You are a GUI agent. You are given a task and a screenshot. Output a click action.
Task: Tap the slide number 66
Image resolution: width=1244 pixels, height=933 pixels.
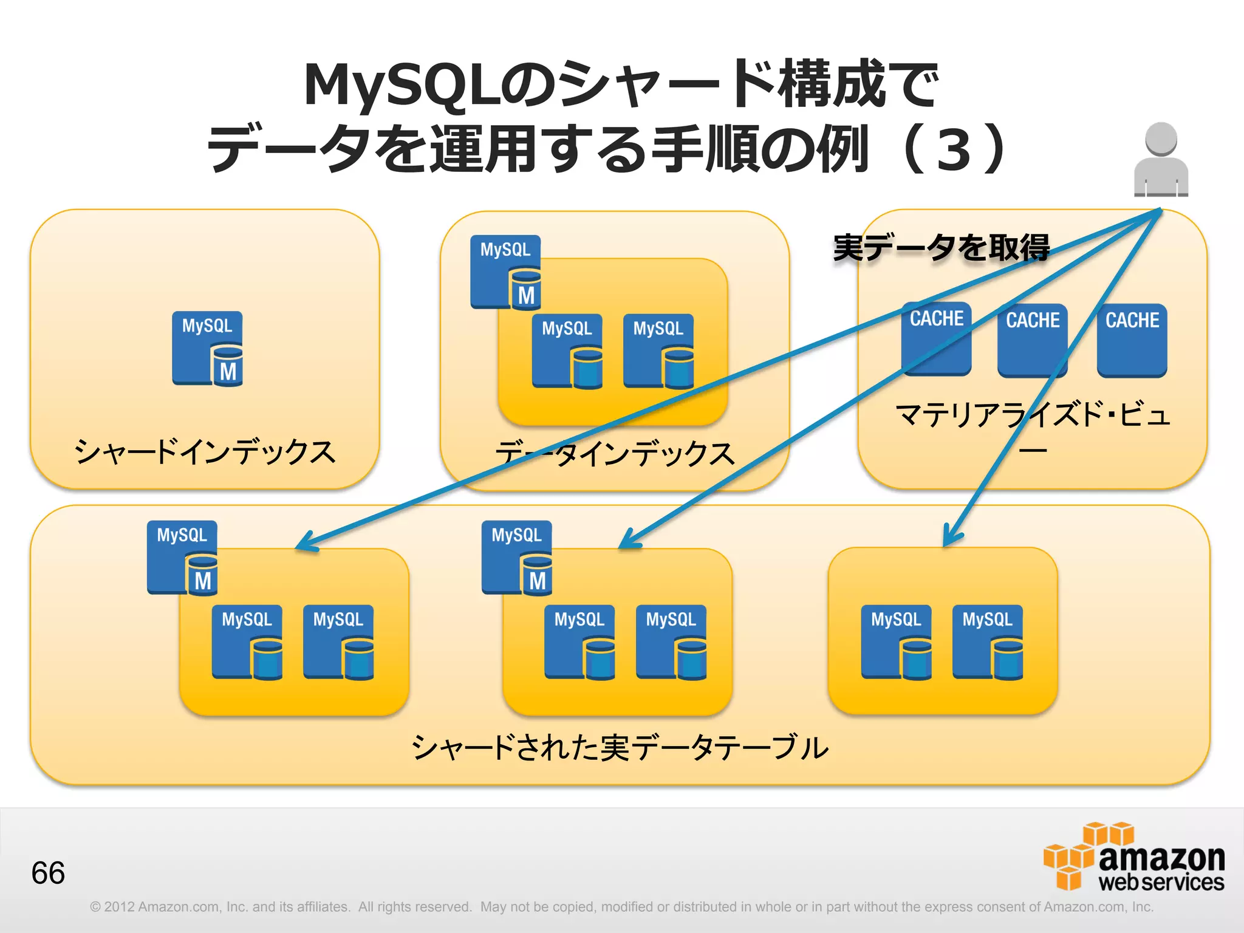[48, 873]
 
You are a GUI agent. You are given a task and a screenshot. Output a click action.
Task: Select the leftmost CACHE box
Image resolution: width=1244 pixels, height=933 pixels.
[936, 338]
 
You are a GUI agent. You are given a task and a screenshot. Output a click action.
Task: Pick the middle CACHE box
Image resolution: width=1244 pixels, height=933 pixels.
[1032, 340]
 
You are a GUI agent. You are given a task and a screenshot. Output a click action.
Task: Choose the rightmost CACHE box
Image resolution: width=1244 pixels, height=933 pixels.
[1132, 340]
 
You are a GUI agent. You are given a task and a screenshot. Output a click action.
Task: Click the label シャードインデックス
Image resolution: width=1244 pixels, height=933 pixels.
[205, 452]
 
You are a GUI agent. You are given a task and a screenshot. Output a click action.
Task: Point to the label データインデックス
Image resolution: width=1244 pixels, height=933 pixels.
[614, 454]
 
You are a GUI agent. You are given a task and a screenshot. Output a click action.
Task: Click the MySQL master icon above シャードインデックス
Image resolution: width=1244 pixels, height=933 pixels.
[207, 349]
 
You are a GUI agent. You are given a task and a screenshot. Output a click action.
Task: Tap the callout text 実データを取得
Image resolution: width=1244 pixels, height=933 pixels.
[941, 248]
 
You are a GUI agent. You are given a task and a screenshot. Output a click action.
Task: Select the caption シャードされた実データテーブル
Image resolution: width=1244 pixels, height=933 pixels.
[620, 747]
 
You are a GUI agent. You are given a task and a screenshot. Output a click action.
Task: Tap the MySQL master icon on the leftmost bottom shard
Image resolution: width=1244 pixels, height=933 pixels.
[182, 557]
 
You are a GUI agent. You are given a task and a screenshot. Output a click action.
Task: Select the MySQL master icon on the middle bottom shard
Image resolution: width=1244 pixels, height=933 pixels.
[517, 557]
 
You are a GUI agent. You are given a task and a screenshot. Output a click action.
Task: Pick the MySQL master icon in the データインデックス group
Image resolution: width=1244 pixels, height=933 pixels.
[505, 272]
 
